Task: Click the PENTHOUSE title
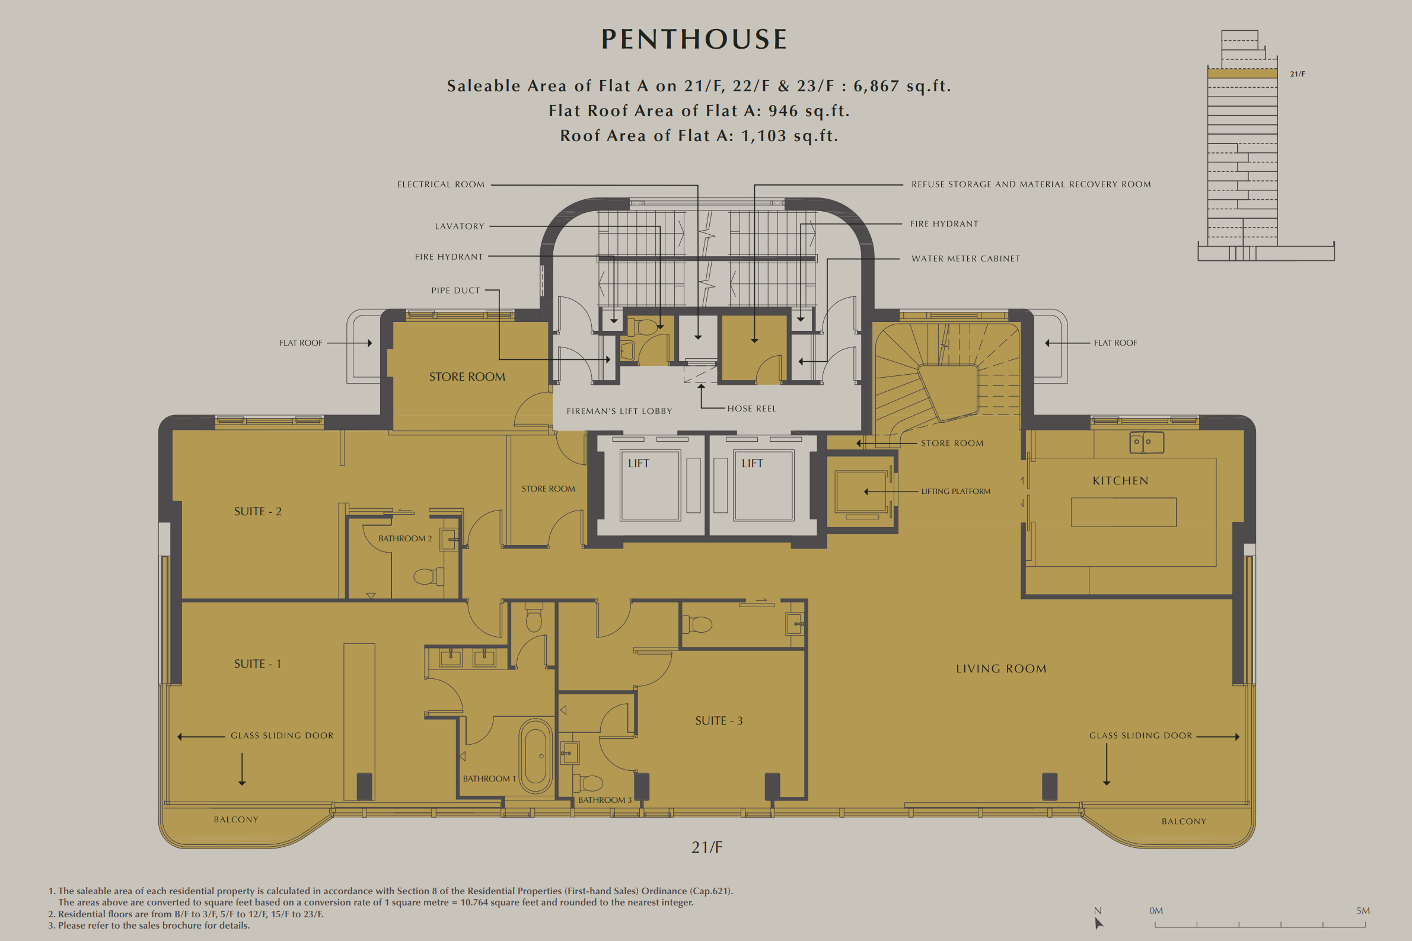coord(694,40)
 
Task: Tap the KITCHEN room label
coord(1120,481)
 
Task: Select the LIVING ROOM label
coord(1001,668)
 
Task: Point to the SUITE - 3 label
coord(719,721)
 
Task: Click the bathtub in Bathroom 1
coord(536,756)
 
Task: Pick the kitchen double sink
coord(1147,442)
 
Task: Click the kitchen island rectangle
coord(1123,512)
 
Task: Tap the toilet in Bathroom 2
coord(428,577)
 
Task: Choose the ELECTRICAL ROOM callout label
coord(441,184)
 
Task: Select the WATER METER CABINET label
coord(965,259)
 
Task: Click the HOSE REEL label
coord(752,409)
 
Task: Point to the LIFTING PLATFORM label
coord(956,492)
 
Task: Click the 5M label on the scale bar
coord(1363,910)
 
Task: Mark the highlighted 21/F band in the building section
coord(1242,73)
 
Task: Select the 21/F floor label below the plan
coord(707,847)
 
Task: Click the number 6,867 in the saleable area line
coord(876,87)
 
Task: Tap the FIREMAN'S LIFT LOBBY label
coord(619,411)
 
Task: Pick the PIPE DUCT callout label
coord(455,291)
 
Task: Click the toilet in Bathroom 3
coord(589,783)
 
